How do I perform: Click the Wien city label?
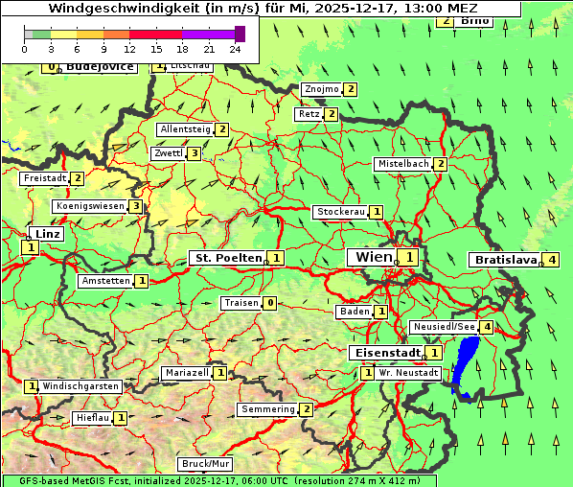pos(373,257)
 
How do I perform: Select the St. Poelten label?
pos(227,258)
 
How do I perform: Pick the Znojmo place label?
pos(321,89)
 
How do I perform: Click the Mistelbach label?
pos(402,164)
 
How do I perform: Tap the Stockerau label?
pos(340,212)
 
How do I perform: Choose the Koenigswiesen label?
pos(90,206)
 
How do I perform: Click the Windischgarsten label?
pos(80,386)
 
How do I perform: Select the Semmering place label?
pos(268,409)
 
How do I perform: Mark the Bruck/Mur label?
pos(206,464)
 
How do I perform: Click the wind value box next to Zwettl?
pos(194,153)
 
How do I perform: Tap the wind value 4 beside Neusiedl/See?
pos(488,327)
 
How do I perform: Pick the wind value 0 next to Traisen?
pos(271,303)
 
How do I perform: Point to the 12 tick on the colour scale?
pos(129,48)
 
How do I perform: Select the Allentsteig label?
pos(185,129)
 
